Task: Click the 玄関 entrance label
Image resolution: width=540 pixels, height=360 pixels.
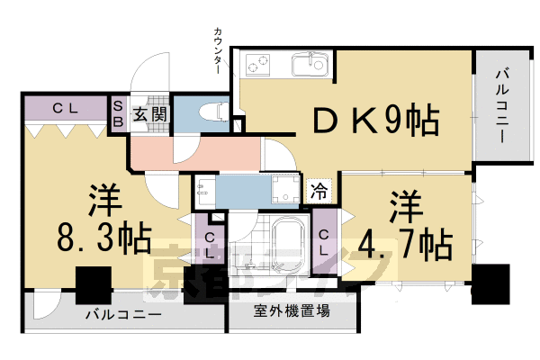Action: [150, 113]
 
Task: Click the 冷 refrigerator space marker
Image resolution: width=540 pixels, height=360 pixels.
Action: [319, 191]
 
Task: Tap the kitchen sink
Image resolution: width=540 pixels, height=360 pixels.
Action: [310, 63]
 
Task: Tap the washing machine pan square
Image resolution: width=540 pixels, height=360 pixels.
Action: [285, 190]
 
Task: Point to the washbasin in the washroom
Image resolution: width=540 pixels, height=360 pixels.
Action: [203, 189]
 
